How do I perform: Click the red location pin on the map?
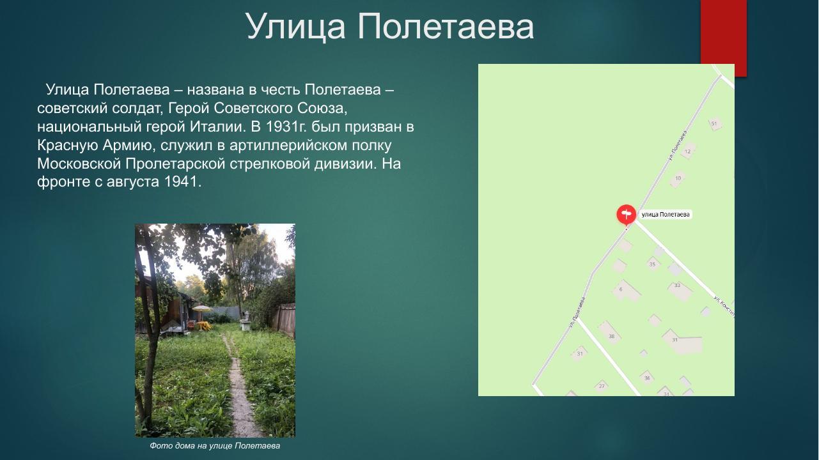click(x=626, y=214)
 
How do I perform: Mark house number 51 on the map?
click(x=714, y=123)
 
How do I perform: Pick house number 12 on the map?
click(x=688, y=151)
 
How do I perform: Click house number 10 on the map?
click(x=678, y=178)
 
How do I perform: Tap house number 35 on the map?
click(x=652, y=264)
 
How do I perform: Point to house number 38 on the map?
click(x=611, y=336)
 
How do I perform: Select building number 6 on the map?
click(x=621, y=289)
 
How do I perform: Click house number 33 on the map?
click(x=678, y=286)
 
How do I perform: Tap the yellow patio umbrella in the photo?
click(x=201, y=309)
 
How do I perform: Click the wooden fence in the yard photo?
click(x=285, y=319)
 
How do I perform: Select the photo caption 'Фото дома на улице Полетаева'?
click(x=215, y=445)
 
